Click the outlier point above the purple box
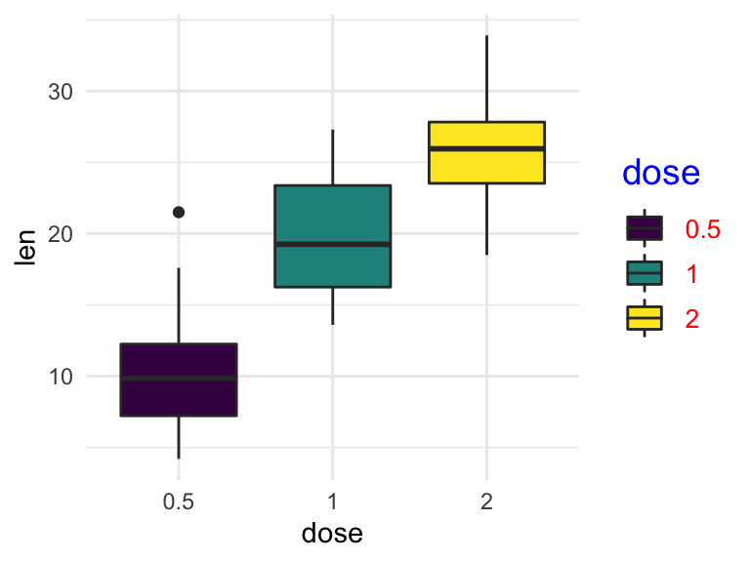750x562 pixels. (x=179, y=212)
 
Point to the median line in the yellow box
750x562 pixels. (x=486, y=148)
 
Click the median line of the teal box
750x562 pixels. (x=333, y=244)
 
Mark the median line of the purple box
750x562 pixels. (x=179, y=378)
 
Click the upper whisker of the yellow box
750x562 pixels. (x=486, y=78)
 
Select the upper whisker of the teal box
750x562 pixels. (x=333, y=156)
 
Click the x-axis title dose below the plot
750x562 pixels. (x=333, y=533)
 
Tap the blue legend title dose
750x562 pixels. (x=661, y=174)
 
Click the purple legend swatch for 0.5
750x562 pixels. (x=645, y=228)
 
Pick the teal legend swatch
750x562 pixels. (x=645, y=273)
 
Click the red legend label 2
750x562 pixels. (x=692, y=318)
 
